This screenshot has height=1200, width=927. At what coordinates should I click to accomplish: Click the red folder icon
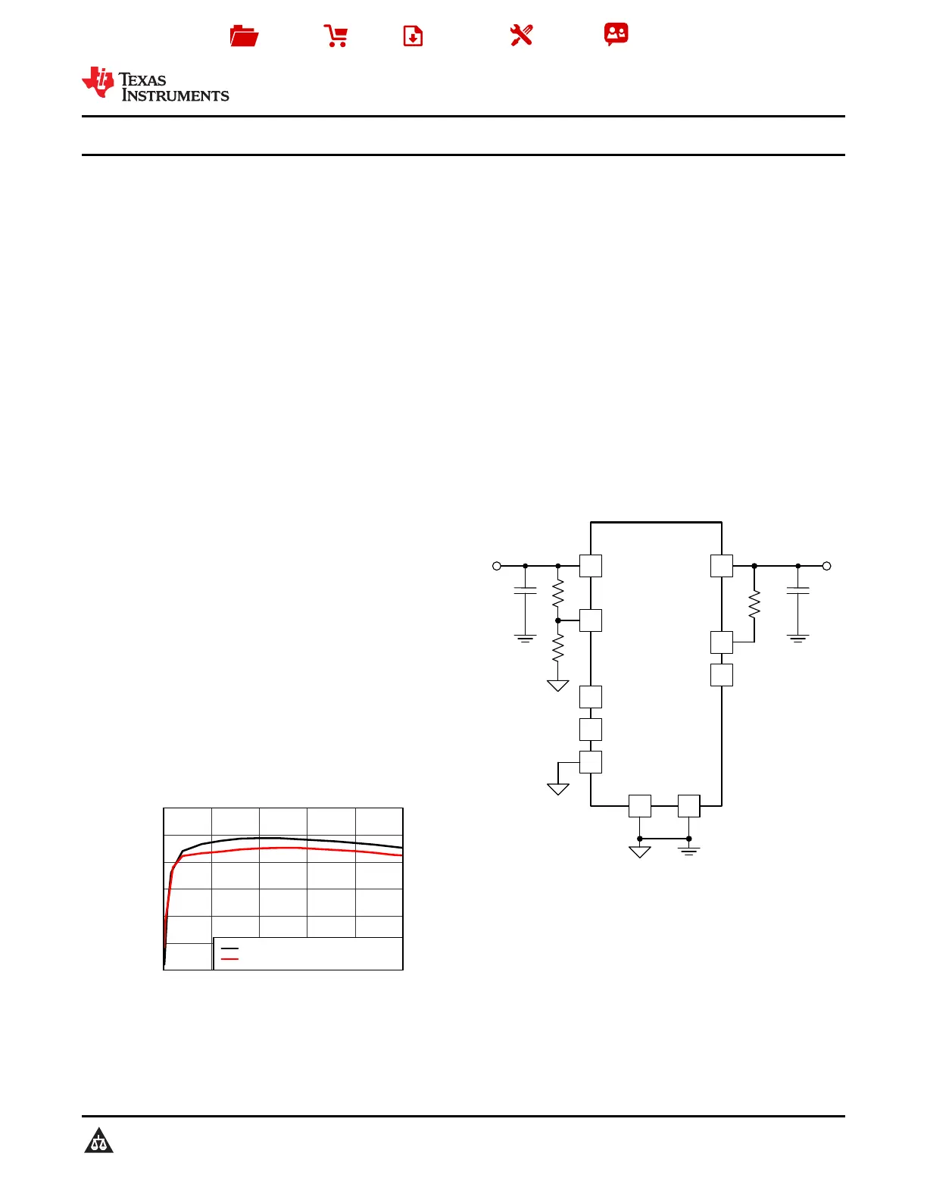[244, 36]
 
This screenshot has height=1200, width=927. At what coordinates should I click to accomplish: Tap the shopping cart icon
[336, 36]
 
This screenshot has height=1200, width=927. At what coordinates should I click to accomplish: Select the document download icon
[413, 36]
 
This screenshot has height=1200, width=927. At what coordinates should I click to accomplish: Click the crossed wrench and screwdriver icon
[521, 36]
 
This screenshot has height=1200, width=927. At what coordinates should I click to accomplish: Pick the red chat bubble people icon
[616, 34]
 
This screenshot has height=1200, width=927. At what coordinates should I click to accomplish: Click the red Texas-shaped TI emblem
[98, 83]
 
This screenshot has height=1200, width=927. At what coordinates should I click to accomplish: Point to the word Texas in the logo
[142, 80]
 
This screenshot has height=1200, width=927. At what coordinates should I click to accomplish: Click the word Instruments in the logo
[176, 95]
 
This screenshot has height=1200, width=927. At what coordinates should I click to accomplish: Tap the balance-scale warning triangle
[98, 1140]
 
